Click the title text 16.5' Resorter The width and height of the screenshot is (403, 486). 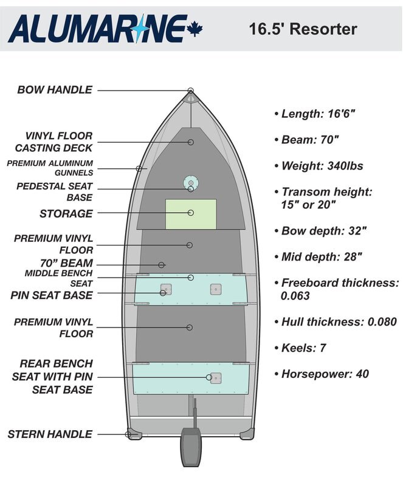click(303, 29)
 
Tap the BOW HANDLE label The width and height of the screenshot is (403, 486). click(55, 90)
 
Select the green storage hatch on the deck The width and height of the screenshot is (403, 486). click(191, 214)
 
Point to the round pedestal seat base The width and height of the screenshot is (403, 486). click(191, 183)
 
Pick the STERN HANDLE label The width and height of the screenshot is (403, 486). click(50, 434)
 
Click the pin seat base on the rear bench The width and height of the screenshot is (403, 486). click(214, 378)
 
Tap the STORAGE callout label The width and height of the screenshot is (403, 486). click(66, 214)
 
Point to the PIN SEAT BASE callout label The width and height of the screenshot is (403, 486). click(52, 296)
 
